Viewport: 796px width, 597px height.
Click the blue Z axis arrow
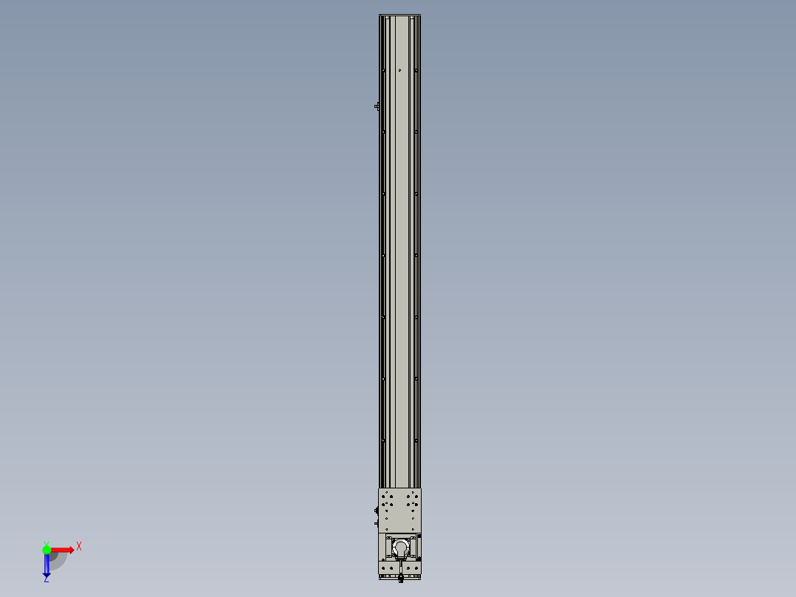(x=47, y=567)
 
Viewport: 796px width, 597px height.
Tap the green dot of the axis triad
(x=47, y=550)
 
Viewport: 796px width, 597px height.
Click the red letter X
(x=79, y=547)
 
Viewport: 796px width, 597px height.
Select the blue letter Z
(x=46, y=580)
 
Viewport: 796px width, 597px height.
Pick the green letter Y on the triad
(x=46, y=542)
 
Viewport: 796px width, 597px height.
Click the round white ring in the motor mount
(x=400, y=547)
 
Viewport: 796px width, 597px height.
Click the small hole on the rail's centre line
(x=399, y=70)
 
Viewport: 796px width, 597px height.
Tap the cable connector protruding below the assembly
(x=400, y=579)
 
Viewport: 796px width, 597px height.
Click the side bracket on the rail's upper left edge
(x=377, y=106)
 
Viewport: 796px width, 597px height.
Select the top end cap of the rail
(x=399, y=16)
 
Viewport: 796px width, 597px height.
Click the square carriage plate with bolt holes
(x=399, y=510)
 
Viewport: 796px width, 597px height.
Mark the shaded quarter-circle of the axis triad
(x=56, y=559)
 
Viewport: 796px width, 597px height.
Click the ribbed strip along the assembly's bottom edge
(x=399, y=576)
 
